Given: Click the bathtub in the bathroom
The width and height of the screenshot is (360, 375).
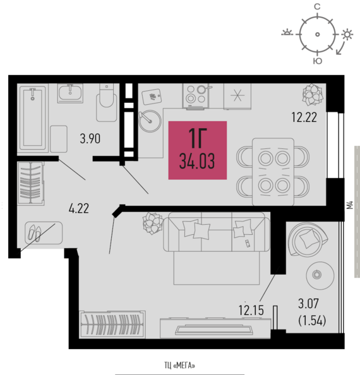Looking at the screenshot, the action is click(x=33, y=117).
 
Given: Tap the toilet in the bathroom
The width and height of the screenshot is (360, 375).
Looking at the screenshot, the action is click(x=107, y=102).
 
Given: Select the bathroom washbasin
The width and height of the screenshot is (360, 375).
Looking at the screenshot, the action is click(x=70, y=93).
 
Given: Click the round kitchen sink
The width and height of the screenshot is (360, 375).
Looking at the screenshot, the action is click(x=150, y=121).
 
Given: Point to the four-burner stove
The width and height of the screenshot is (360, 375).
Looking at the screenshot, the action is click(x=196, y=97).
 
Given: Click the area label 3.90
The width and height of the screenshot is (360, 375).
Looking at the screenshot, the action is click(x=90, y=139).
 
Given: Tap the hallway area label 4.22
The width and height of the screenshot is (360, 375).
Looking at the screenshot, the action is click(x=79, y=208).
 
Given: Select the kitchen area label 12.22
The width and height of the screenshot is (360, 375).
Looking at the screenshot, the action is click(x=304, y=117).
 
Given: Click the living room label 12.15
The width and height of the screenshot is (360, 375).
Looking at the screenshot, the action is click(x=251, y=310).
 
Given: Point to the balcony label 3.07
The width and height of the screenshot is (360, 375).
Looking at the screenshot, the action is click(x=309, y=304).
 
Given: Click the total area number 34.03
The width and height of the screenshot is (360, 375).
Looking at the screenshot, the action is click(x=197, y=162).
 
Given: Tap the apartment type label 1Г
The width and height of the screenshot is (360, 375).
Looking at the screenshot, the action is click(x=198, y=138).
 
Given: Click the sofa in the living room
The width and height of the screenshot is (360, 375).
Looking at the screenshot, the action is click(x=217, y=232).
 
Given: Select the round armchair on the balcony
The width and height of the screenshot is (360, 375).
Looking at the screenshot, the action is click(x=308, y=239).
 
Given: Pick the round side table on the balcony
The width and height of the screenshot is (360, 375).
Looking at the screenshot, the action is click(x=320, y=275).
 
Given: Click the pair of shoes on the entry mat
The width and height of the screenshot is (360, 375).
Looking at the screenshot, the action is click(x=35, y=233).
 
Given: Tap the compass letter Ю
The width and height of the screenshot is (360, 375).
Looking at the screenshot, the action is click(x=318, y=61).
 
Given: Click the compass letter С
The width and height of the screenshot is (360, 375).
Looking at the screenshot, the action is click(x=317, y=7).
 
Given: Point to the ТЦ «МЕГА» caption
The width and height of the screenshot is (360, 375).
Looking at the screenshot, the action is click(x=179, y=366).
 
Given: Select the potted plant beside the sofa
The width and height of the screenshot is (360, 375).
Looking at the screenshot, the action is click(x=153, y=223).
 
